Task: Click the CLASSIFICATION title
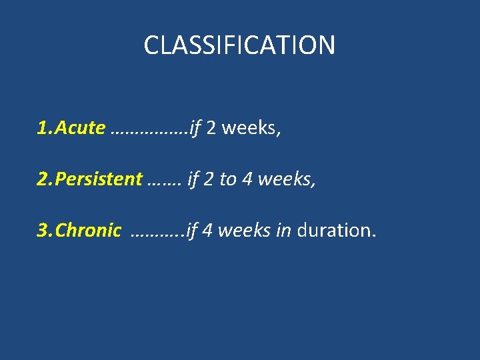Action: pyautogui.click(x=239, y=45)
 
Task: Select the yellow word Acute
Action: pyautogui.click(x=80, y=128)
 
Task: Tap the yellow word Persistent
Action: pyautogui.click(x=99, y=179)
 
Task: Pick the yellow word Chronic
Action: pyautogui.click(x=88, y=231)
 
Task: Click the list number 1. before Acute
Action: pyautogui.click(x=45, y=128)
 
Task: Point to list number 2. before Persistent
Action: pyautogui.click(x=45, y=179)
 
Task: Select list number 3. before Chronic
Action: pyautogui.click(x=45, y=231)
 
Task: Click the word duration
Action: pyautogui.click(x=336, y=231)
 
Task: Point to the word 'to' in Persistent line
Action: pyautogui.click(x=228, y=179)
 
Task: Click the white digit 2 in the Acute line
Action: pyautogui.click(x=211, y=128)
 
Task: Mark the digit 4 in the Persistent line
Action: pyautogui.click(x=247, y=179)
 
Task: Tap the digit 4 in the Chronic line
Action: pyautogui.click(x=207, y=231)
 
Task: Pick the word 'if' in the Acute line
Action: pyautogui.click(x=195, y=128)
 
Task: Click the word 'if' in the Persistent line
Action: pyautogui.click(x=194, y=179)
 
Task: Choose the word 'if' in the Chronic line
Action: pyautogui.click(x=192, y=231)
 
